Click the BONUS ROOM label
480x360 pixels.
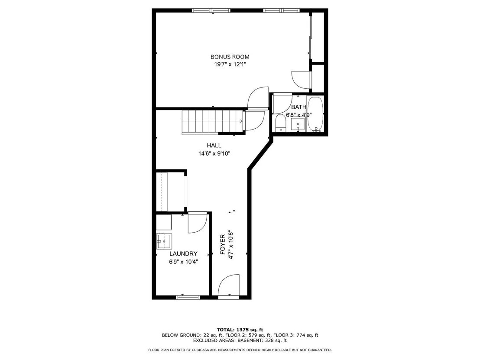230,57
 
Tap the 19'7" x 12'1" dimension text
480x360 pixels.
230,64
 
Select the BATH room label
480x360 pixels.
298,107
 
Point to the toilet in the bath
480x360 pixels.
280,123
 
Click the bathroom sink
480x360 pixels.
298,125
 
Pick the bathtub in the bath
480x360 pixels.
315,114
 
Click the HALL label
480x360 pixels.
214,146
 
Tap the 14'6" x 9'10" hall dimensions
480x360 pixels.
214,153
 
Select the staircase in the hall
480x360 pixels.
214,122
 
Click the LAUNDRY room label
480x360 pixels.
183,253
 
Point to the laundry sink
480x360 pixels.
164,241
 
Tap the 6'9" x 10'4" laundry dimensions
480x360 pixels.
183,262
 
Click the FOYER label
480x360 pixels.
223,245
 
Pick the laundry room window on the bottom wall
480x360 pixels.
188,297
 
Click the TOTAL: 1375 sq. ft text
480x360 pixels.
240,330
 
